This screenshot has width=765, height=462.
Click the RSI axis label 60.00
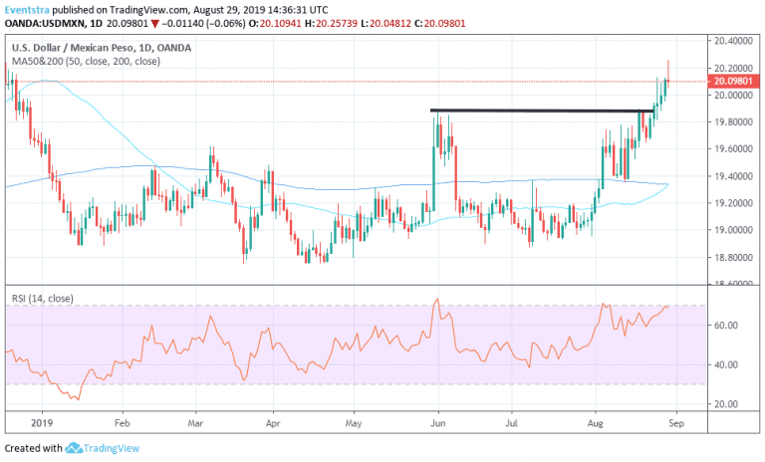[x=725, y=326]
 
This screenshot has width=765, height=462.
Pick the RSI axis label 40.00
[x=725, y=365]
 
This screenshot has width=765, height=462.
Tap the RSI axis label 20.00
[x=725, y=404]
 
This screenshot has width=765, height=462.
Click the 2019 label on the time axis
[x=41, y=421]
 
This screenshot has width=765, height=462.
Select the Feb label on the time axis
[x=122, y=421]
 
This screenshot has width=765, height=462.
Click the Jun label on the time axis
[x=436, y=421]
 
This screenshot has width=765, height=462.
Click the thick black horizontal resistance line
[x=538, y=111]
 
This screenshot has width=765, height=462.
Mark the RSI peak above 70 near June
[x=436, y=299]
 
